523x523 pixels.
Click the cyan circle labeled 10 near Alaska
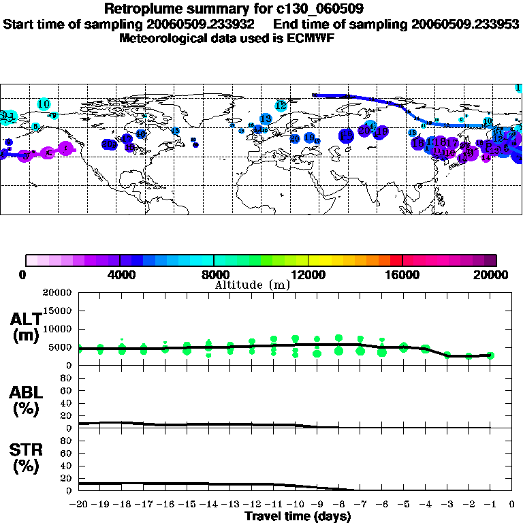44,104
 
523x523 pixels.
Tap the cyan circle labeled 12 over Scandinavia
281,106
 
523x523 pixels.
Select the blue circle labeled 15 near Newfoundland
175,131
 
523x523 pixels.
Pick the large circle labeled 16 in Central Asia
441,142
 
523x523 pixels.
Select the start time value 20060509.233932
204,24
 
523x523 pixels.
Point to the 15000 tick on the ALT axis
59,311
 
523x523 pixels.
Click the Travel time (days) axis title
298,517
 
